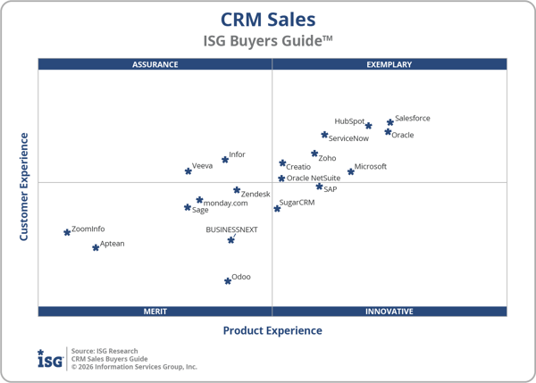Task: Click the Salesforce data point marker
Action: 390,122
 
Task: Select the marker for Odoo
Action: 228,280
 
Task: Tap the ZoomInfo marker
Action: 67,232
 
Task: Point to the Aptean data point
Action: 96,247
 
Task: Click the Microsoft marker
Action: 351,171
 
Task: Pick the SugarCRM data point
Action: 277,208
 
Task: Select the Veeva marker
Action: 188,171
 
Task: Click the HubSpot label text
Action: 349,121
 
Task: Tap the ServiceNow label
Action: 348,138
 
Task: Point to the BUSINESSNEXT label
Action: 231,229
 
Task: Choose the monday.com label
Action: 225,204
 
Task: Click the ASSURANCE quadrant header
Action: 155,64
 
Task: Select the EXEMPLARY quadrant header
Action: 389,64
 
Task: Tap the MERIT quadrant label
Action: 155,312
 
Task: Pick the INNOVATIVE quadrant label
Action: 389,312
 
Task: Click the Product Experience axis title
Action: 272,331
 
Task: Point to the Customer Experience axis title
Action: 24,187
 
